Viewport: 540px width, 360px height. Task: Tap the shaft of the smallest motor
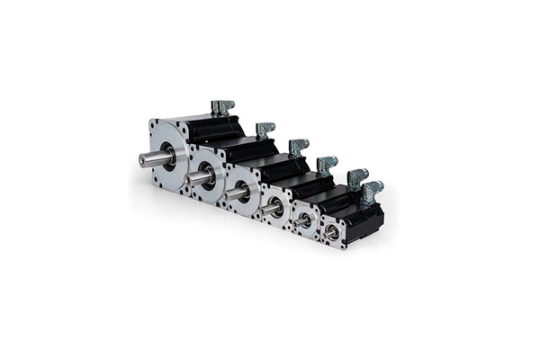pos(332,232)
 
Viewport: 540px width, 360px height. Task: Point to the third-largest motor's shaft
pos(237,193)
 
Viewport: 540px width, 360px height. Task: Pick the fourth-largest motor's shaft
pos(271,210)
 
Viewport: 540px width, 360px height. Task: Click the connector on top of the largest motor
pos(220,108)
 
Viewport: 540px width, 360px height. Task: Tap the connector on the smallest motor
pos(371,191)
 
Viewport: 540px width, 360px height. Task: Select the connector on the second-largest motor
pos(265,130)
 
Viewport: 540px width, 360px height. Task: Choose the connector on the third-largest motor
pos(298,147)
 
